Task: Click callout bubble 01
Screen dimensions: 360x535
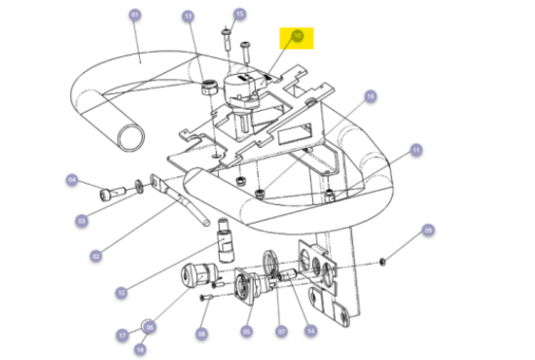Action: [x=134, y=15]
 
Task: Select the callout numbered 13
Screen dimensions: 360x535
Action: [x=188, y=17]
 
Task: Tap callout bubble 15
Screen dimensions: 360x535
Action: [x=240, y=15]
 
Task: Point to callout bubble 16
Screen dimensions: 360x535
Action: [x=370, y=96]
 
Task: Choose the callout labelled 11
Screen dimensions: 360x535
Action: [x=415, y=150]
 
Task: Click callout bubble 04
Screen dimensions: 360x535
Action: [x=72, y=179]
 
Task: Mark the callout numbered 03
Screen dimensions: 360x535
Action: [x=83, y=222]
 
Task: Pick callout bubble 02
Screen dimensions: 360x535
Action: [x=95, y=257]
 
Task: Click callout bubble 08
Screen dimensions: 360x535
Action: [x=201, y=334]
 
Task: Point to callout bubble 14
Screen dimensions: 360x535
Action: [x=310, y=332]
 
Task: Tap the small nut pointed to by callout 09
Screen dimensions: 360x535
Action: [x=384, y=262]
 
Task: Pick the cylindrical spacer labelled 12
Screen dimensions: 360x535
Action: [x=226, y=240]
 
